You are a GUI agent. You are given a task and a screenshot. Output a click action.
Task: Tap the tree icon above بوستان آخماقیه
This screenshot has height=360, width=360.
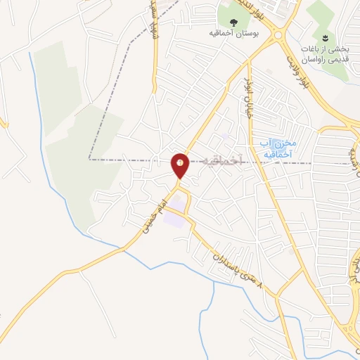coord(233,21)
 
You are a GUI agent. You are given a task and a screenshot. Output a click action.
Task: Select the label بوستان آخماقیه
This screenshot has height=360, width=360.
coord(231,33)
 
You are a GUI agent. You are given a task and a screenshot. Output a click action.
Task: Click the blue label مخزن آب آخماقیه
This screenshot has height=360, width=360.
coord(275,148)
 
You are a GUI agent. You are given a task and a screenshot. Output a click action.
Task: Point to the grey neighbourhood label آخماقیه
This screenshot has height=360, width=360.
coord(221,162)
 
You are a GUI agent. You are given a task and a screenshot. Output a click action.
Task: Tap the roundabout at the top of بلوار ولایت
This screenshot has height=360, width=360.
coord(276,34)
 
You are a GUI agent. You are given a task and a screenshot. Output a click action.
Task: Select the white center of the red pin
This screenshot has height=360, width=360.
coord(180,162)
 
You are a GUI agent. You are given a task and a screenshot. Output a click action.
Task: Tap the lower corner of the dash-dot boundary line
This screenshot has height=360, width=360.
coord(90,159)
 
